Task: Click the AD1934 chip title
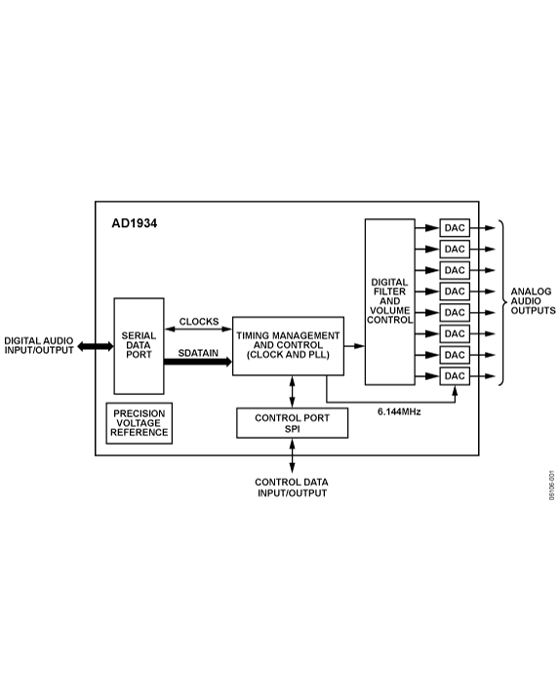(135, 222)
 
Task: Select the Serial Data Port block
(139, 346)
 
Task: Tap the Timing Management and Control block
(288, 345)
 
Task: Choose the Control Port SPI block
(292, 423)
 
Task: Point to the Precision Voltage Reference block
(139, 423)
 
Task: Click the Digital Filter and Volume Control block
(389, 301)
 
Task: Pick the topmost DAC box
(455, 228)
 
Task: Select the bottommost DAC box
(455, 376)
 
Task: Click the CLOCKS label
(198, 322)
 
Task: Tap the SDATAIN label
(198, 352)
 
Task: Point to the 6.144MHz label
(399, 411)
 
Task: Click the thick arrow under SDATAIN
(198, 363)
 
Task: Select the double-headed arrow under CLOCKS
(198, 331)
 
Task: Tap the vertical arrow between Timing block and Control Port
(292, 391)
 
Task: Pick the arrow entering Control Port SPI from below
(292, 447)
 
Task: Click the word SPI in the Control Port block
(292, 429)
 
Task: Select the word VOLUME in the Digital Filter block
(389, 310)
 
